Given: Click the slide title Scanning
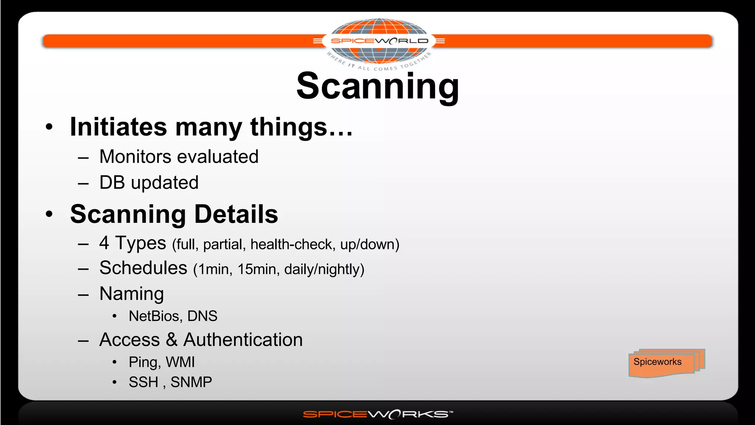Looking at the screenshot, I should [377, 86].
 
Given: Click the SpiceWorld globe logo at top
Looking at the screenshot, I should [379, 41].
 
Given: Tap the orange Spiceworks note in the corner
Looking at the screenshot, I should [662, 363].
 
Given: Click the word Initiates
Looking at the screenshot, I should [118, 127].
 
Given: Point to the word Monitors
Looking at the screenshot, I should [135, 157].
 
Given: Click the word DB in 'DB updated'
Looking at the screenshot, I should [112, 183].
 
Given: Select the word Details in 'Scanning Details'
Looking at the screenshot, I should [236, 214].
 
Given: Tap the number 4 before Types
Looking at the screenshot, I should [104, 243].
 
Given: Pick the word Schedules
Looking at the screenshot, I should [143, 268].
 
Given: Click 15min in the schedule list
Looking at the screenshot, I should [257, 269].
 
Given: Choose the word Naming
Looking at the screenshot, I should [132, 294].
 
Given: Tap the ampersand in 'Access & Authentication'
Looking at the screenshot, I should [171, 339].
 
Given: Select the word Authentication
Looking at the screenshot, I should [243, 339].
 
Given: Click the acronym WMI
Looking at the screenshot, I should [180, 362].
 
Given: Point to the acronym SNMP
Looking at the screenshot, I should [191, 382].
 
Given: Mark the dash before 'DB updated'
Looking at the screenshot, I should [83, 183].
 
